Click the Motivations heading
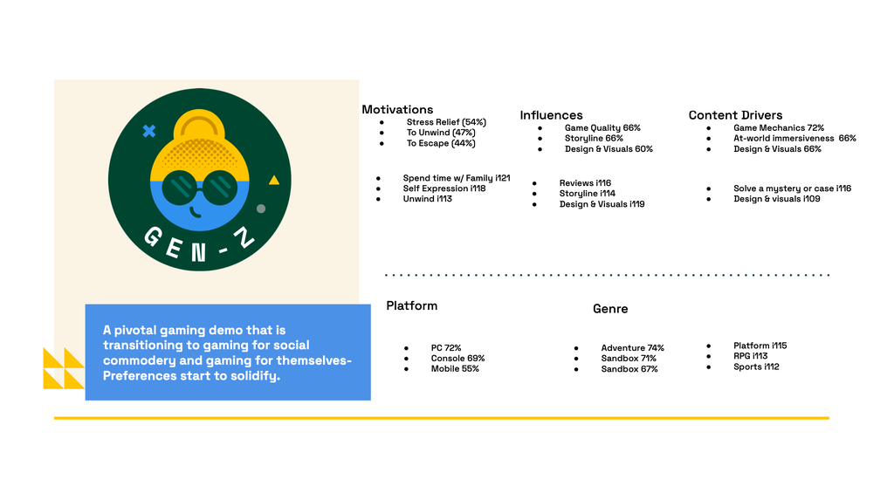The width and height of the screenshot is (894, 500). click(397, 109)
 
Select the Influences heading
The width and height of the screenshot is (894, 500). click(552, 115)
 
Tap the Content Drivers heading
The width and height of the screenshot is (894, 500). click(735, 115)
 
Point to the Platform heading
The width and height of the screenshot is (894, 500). click(412, 305)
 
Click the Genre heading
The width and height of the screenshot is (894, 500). click(610, 309)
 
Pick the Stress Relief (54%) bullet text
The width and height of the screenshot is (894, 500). click(446, 122)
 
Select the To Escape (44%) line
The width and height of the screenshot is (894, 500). click(441, 143)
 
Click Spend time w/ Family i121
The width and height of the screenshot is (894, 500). click(457, 178)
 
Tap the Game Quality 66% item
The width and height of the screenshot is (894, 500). click(602, 127)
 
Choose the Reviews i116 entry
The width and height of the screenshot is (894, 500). click(585, 183)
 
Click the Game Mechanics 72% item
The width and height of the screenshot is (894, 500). click(779, 127)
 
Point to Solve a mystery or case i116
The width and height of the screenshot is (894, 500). click(793, 188)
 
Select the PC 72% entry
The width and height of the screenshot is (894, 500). click(446, 348)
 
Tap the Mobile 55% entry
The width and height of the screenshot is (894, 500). click(455, 369)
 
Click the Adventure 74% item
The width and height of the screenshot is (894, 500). click(632, 348)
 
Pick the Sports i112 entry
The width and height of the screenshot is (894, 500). click(756, 366)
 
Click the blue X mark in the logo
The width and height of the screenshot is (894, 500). click(149, 131)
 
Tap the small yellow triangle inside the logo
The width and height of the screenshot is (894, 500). click(274, 180)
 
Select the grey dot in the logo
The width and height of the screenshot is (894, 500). click(261, 209)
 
